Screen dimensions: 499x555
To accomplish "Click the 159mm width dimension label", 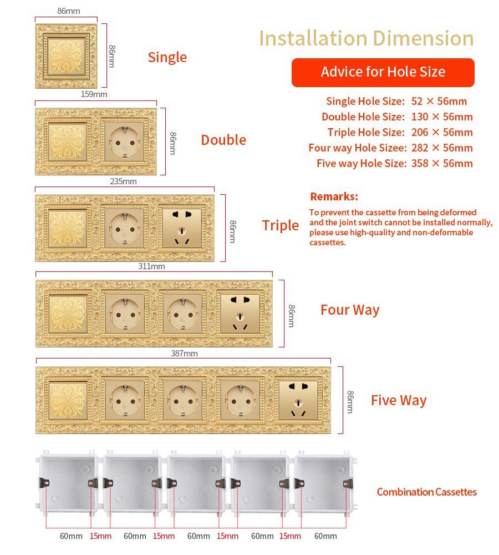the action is (94, 94).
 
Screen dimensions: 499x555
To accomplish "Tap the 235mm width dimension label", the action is (123, 181).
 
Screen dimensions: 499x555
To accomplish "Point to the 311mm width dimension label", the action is (151, 266).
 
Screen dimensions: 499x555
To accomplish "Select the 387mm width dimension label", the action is (184, 353).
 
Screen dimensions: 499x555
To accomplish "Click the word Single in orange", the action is (167, 57).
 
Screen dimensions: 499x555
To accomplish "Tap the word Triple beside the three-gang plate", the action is (281, 225).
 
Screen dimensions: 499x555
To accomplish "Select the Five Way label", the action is (399, 400).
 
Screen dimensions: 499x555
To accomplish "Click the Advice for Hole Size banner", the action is (383, 72).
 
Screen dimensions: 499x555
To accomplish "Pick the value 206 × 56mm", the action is (442, 133).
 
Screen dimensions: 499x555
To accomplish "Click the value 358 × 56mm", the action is (442, 164).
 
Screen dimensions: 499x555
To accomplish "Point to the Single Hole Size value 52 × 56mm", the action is (439, 101).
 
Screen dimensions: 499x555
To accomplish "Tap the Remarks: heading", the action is (334, 196).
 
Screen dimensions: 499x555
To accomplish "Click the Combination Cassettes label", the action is (427, 492).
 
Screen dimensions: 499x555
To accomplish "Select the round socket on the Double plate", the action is (125, 142).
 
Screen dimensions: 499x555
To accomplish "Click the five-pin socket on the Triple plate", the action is (182, 228).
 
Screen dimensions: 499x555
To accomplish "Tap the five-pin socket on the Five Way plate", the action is (298, 400).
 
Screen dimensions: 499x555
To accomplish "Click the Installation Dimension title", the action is (366, 38).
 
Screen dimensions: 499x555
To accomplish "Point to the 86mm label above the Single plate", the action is (69, 11).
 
